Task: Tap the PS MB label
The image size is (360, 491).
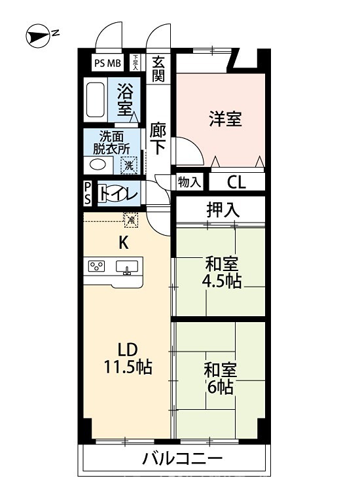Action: point(107,63)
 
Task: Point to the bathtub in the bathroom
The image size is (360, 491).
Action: point(98,100)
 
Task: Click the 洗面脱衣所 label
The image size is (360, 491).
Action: point(115,142)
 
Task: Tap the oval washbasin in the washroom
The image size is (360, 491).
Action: point(98,165)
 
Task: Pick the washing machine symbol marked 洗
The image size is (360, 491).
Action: point(130,166)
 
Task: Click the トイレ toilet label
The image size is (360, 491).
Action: point(118,194)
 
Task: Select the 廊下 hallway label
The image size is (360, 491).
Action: point(158,137)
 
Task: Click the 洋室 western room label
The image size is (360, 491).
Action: point(226,119)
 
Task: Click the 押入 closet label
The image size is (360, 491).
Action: point(223,210)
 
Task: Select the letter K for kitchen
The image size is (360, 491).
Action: point(122,242)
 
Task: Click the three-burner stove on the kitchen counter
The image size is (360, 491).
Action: point(97,266)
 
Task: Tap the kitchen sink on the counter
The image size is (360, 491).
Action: point(127,266)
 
